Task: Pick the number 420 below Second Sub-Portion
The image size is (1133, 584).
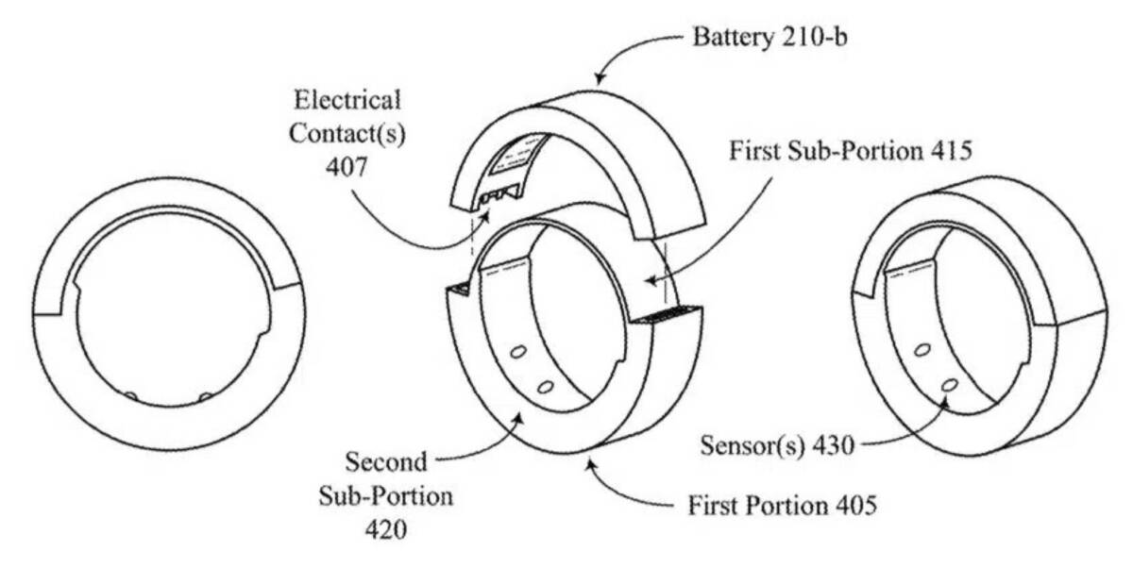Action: pyautogui.click(x=385, y=529)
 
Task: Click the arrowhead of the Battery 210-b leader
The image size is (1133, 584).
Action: pyautogui.click(x=597, y=80)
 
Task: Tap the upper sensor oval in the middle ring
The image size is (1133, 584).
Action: pyautogui.click(x=517, y=352)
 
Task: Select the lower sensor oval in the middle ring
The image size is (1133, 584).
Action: pyautogui.click(x=543, y=387)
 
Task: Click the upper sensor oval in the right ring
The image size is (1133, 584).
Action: pyautogui.click(x=922, y=350)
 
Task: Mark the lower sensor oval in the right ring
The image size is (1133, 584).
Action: pyautogui.click(x=948, y=384)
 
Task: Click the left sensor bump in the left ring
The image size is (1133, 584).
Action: pyautogui.click(x=131, y=396)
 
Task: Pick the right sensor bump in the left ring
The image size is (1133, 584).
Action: pyautogui.click(x=206, y=396)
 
